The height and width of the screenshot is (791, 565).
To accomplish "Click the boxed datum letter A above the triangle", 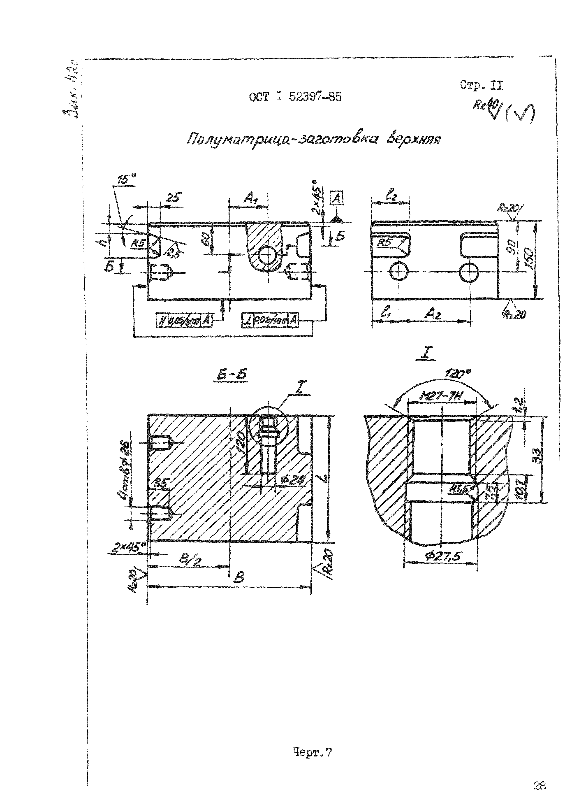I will (336, 199).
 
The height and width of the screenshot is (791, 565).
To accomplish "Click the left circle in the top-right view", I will (399, 271).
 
